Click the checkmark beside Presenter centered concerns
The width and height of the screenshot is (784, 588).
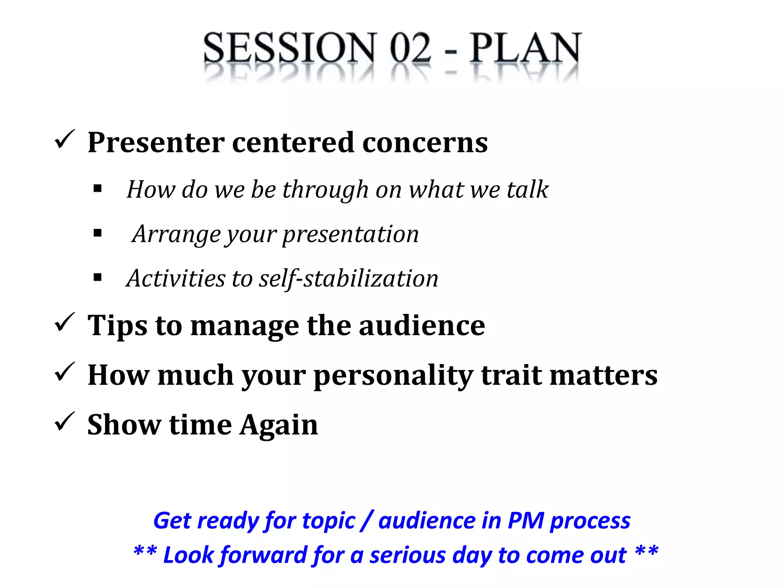64,139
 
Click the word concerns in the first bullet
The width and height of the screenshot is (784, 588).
425,143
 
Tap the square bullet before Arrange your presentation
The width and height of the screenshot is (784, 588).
98,233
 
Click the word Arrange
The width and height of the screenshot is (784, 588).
176,234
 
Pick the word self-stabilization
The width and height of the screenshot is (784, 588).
348,279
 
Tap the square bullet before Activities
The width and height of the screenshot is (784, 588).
98,277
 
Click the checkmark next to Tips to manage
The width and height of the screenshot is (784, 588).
64,322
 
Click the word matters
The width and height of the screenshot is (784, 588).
603,376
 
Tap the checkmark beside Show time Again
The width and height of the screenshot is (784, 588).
64,422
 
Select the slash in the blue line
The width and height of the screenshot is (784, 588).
367,521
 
